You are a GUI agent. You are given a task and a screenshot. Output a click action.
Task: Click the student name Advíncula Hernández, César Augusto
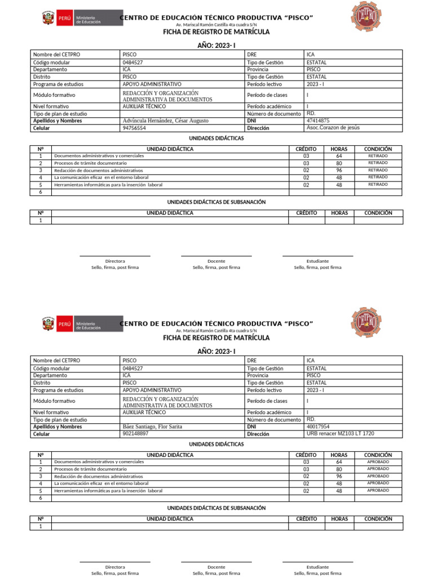(165, 121)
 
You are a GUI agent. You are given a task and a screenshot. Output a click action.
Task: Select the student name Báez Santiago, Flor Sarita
(152, 427)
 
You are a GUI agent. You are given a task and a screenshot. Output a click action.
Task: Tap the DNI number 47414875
(318, 121)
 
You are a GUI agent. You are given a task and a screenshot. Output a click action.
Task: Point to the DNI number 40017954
(318, 427)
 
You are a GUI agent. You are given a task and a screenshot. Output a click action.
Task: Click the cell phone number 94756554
(134, 128)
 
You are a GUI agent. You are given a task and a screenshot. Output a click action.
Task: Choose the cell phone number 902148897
(135, 434)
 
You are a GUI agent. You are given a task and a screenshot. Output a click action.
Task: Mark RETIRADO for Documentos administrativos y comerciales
(378, 156)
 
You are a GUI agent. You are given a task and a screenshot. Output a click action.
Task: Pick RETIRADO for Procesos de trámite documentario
(378, 163)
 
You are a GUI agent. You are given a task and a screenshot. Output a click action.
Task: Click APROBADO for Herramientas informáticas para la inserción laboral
(378, 490)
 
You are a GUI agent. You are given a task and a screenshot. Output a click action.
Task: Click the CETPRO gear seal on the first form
(365, 17)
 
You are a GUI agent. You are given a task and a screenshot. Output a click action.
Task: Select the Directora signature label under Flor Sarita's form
(115, 567)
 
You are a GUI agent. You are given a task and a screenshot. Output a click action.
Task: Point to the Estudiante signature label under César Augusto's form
(317, 261)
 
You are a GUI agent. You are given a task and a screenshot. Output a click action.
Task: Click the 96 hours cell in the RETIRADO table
(339, 170)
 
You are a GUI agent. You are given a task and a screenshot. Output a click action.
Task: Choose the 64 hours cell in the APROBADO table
(339, 462)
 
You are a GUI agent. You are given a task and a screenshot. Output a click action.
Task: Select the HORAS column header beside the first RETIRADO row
(339, 149)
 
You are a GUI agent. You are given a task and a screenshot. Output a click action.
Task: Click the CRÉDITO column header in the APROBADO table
(306, 455)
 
